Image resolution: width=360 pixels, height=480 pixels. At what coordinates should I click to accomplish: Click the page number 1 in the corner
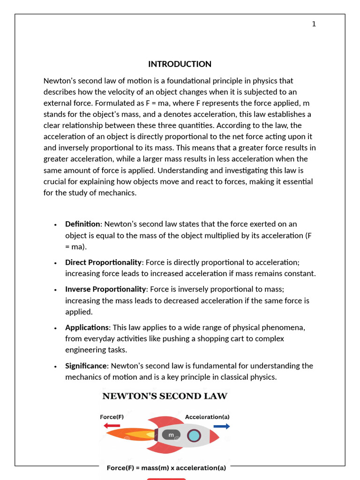(x=314, y=24)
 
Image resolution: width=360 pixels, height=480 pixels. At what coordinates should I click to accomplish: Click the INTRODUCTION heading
(x=180, y=64)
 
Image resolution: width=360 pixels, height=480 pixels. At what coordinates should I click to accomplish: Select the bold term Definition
(x=82, y=224)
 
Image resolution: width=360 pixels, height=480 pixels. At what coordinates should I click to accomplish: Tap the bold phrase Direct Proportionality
(x=103, y=262)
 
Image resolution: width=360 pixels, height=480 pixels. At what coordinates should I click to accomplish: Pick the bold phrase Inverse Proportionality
(x=105, y=289)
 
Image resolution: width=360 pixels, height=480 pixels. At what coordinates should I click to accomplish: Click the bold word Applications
(x=87, y=327)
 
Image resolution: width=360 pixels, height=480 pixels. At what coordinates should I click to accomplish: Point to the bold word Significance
(x=86, y=366)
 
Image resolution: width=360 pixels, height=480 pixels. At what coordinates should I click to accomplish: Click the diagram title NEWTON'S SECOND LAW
(x=165, y=397)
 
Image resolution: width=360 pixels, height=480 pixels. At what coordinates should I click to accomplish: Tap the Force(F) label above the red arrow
(x=112, y=417)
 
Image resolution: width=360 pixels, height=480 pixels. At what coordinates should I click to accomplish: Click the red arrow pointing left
(x=112, y=426)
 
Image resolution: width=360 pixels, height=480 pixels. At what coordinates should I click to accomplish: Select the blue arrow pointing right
(x=222, y=426)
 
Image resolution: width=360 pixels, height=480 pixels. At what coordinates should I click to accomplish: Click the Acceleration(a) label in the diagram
(x=207, y=417)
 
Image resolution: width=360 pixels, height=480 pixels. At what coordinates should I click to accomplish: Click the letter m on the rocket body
(x=171, y=435)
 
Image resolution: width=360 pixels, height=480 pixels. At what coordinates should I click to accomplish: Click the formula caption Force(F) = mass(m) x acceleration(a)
(x=166, y=468)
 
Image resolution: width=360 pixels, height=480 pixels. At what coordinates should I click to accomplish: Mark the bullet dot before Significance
(x=55, y=367)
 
